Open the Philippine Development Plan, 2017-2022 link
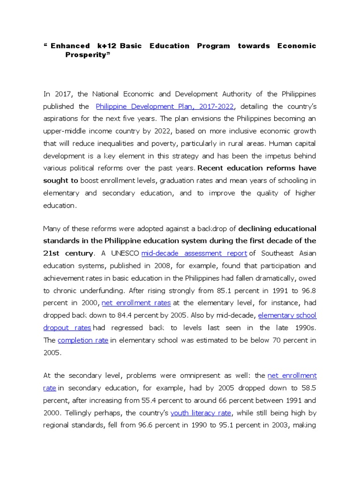(165, 107)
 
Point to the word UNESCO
(123, 253)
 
